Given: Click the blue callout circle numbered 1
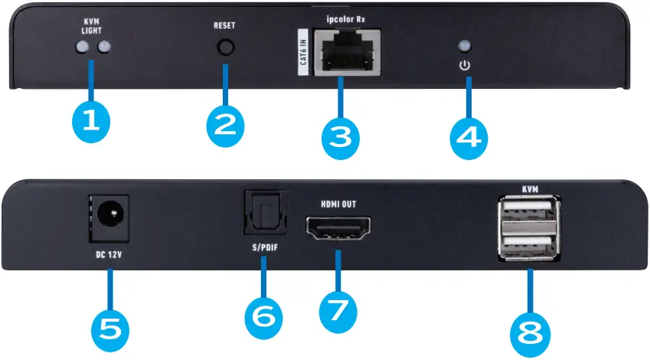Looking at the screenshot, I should pyautogui.click(x=91, y=120).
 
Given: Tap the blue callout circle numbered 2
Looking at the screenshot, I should pyautogui.click(x=224, y=124).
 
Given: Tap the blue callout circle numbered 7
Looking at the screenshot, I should pyautogui.click(x=337, y=309).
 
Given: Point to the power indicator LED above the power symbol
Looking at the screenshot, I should pyautogui.click(x=463, y=45).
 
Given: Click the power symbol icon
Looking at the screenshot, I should pyautogui.click(x=463, y=66).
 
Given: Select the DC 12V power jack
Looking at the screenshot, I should pyautogui.click(x=109, y=212).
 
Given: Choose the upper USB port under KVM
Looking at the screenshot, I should pyautogui.click(x=529, y=215).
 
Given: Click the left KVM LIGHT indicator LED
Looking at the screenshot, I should pyautogui.click(x=82, y=48).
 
